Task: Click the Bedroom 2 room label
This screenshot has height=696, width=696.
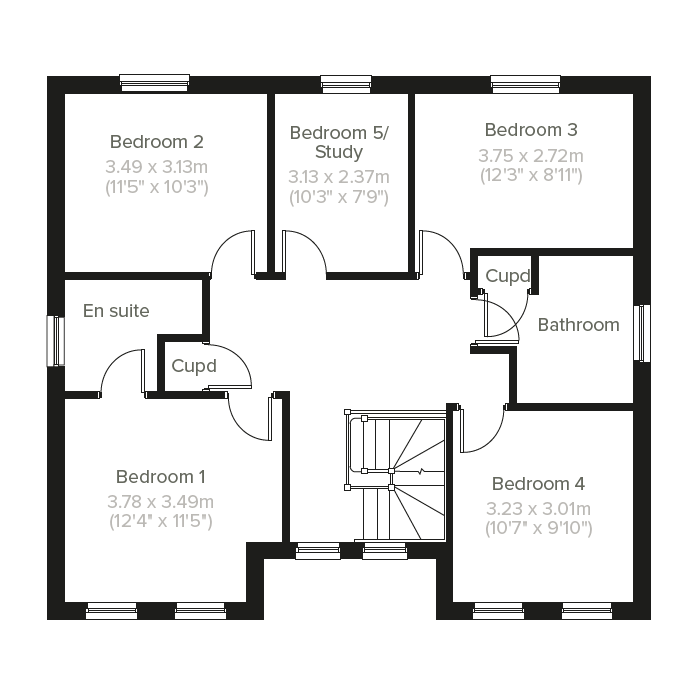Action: [156, 141]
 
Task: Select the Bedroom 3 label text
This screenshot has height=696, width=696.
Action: [531, 130]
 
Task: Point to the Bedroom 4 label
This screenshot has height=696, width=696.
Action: [538, 483]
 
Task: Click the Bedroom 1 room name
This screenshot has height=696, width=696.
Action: [161, 476]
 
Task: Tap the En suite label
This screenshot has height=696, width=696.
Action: [116, 311]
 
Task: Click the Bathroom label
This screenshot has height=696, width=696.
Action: [578, 325]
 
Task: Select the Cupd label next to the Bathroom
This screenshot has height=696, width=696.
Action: [506, 276]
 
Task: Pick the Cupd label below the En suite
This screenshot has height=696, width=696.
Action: [193, 366]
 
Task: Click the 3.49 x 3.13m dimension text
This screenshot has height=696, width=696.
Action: [156, 166]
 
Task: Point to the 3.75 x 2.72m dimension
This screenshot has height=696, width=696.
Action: [531, 155]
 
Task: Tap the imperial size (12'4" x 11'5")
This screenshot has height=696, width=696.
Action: [161, 521]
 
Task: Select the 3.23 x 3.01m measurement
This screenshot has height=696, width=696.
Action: [538, 508]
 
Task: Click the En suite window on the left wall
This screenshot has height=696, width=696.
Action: [56, 341]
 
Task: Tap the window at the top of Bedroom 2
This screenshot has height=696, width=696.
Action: [155, 82]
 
